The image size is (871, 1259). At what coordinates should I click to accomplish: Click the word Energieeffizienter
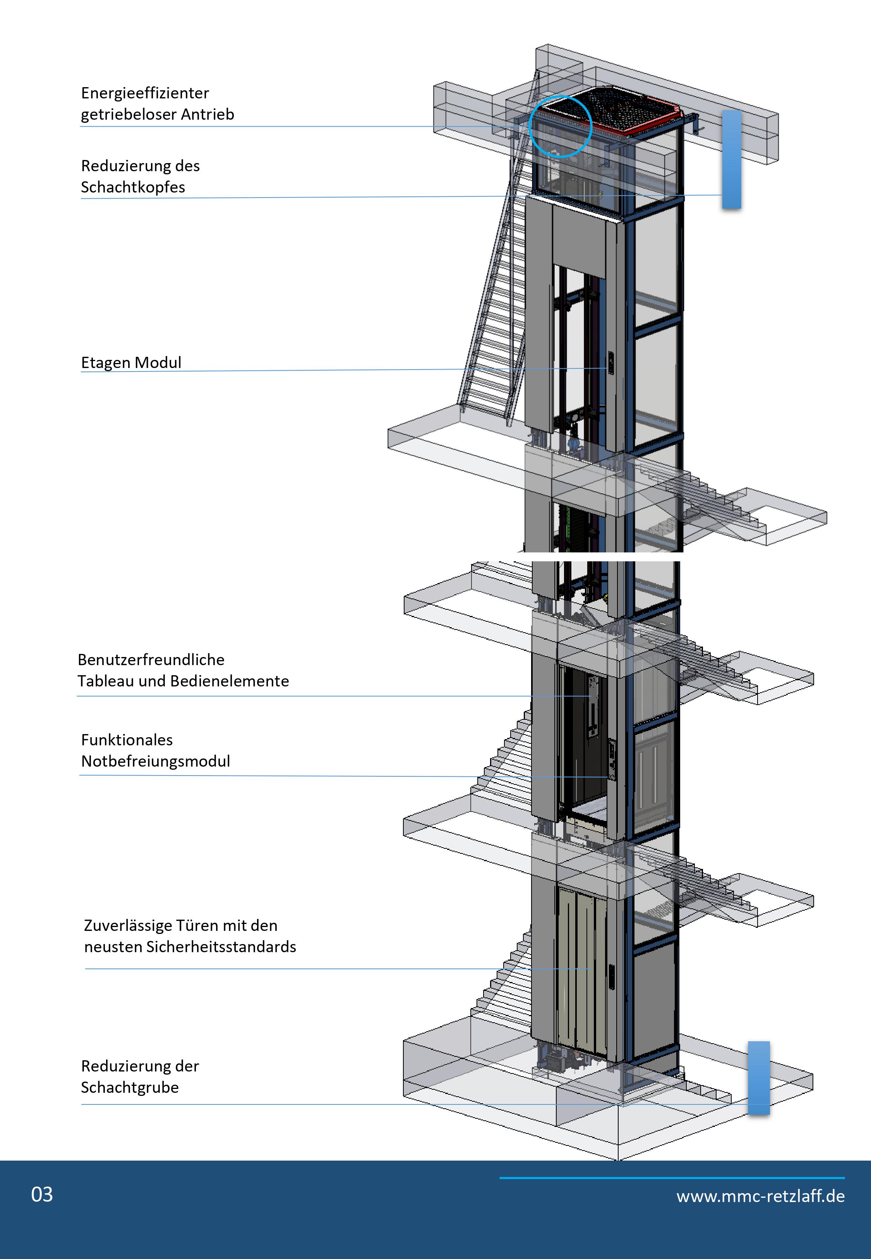pos(145,93)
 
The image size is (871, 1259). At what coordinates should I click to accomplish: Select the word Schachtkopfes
pos(133,187)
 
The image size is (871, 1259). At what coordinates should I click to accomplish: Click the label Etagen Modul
pos(131,363)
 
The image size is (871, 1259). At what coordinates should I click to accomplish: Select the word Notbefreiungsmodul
pos(156,761)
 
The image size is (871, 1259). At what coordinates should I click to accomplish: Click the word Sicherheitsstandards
pos(221,947)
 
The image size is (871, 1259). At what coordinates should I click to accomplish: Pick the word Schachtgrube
pos(130,1087)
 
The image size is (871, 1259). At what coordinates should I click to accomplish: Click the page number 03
pos(42,1195)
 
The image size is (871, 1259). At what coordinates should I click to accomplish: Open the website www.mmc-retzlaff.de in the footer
pos(761,1196)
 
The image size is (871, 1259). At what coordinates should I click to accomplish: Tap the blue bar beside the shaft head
pos(731,160)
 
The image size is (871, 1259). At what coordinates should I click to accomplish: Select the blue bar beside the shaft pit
pos(759,1077)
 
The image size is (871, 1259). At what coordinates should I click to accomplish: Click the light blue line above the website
pos(672,1178)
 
